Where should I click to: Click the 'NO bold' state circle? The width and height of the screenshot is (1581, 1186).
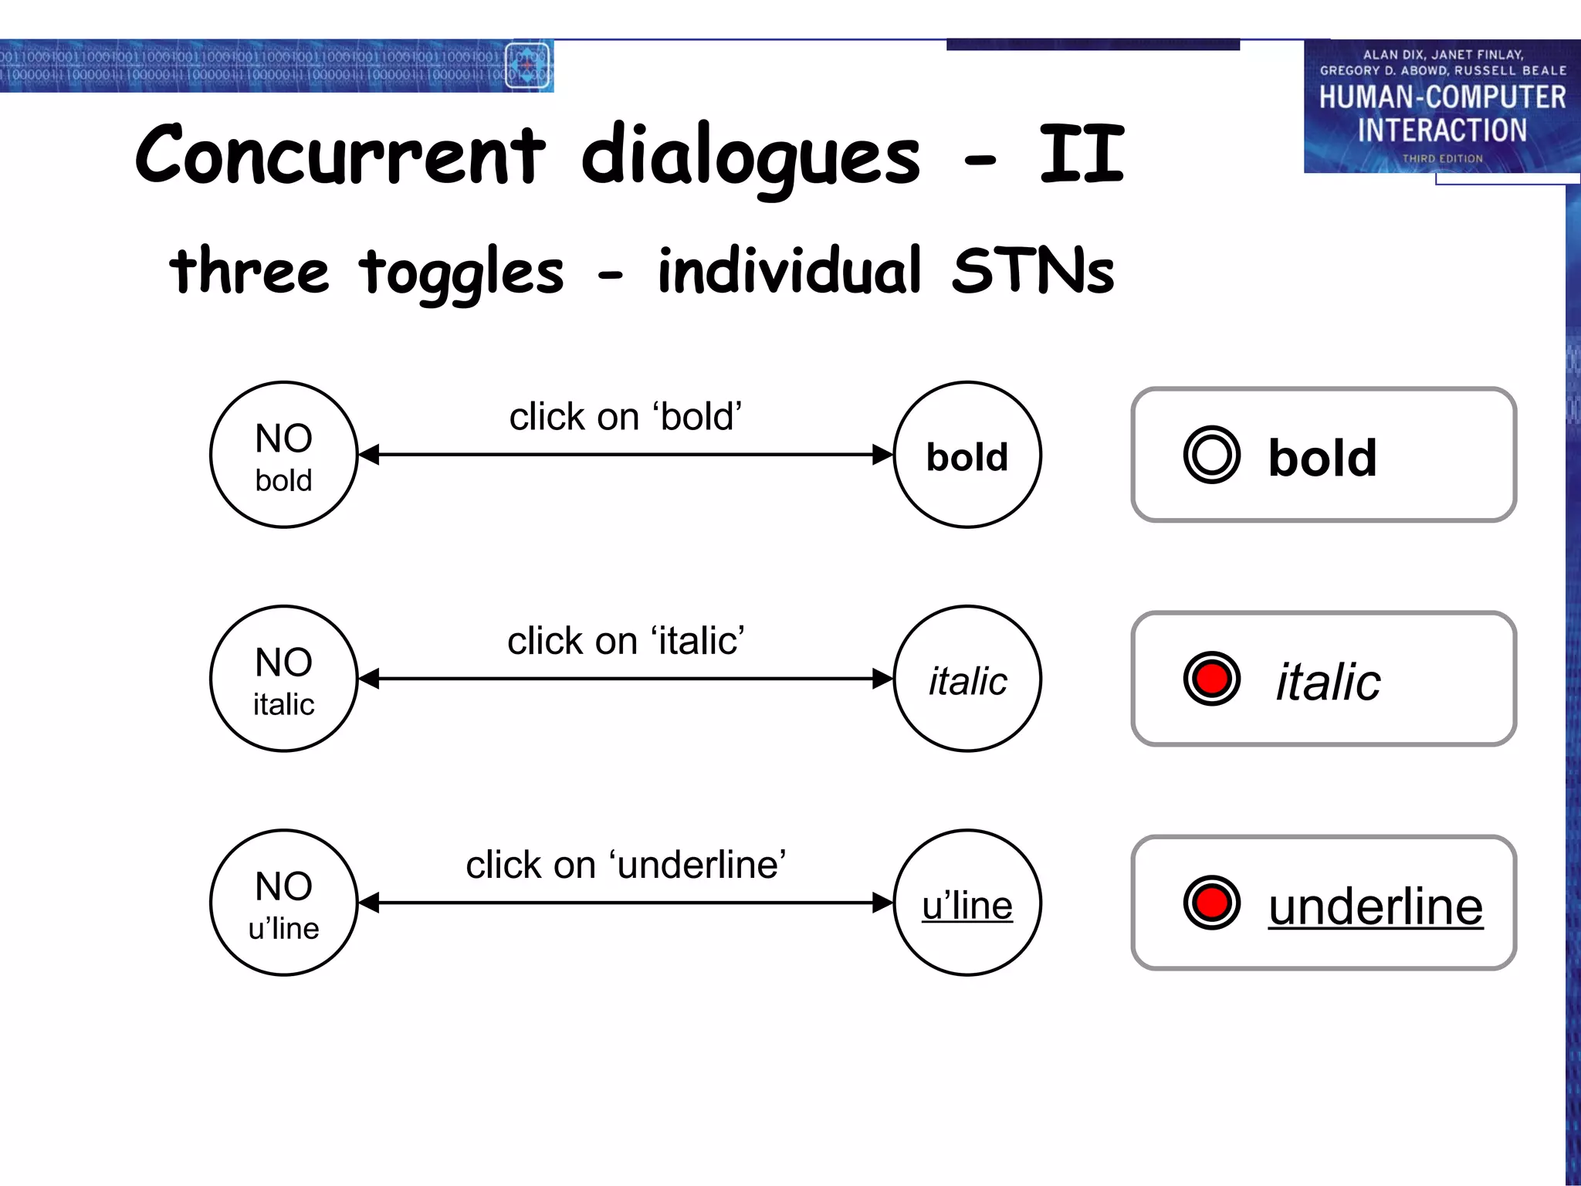(283, 455)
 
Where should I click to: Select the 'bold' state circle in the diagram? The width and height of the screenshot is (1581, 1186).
(967, 455)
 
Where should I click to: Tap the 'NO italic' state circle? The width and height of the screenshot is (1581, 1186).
(283, 679)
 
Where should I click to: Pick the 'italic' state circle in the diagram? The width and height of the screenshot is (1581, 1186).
(967, 679)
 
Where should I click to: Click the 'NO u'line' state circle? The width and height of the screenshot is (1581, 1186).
(283, 903)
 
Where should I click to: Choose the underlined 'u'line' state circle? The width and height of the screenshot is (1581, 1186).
(967, 903)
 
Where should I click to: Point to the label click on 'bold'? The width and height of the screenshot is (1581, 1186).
(625, 417)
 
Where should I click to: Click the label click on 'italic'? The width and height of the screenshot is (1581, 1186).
(625, 641)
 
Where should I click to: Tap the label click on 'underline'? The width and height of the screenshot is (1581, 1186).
(625, 865)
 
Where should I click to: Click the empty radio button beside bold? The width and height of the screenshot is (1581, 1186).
(1211, 455)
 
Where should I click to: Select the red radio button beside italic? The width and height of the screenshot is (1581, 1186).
(1211, 679)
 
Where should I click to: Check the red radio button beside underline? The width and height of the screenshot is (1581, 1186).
(1211, 903)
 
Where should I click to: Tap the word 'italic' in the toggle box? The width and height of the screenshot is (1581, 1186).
(1328, 682)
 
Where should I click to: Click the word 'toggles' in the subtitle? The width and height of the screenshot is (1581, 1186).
(462, 273)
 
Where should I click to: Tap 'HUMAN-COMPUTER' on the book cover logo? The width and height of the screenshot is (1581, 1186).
(1441, 97)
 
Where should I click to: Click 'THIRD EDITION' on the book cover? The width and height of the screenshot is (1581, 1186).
(1441, 158)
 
